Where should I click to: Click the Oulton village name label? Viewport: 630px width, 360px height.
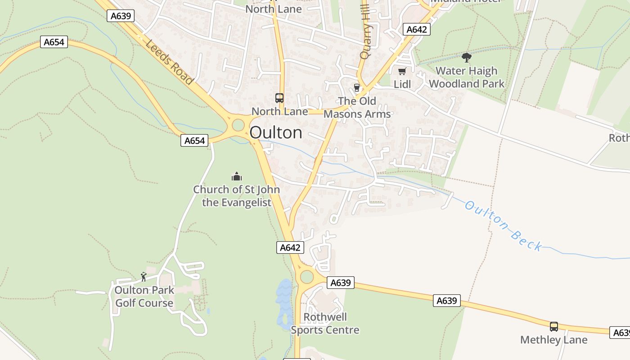point(276,132)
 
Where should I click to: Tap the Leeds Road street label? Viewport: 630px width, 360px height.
point(169,62)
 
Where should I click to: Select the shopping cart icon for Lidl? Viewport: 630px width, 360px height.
point(402,71)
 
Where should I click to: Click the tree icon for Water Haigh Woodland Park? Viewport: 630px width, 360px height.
point(467,57)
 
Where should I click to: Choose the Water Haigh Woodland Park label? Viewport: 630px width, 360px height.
point(467,77)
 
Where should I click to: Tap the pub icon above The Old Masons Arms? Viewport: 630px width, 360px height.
point(357,87)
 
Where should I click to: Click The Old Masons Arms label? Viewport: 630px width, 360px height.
point(357,108)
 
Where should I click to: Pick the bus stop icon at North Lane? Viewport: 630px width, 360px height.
point(279,98)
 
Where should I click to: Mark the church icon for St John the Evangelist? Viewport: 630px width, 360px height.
point(236,176)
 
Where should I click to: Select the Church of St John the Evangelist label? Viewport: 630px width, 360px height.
point(237,196)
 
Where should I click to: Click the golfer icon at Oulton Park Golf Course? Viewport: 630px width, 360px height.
point(144,276)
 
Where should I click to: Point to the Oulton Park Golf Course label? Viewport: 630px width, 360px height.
point(144,297)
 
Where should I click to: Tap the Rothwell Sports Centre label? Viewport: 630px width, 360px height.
point(325,324)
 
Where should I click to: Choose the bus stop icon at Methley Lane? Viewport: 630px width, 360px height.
point(554,327)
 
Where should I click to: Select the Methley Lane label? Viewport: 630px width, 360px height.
point(554,340)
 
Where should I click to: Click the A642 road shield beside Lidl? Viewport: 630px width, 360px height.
point(416,30)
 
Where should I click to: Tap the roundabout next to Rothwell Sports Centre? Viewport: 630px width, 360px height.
point(307,276)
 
